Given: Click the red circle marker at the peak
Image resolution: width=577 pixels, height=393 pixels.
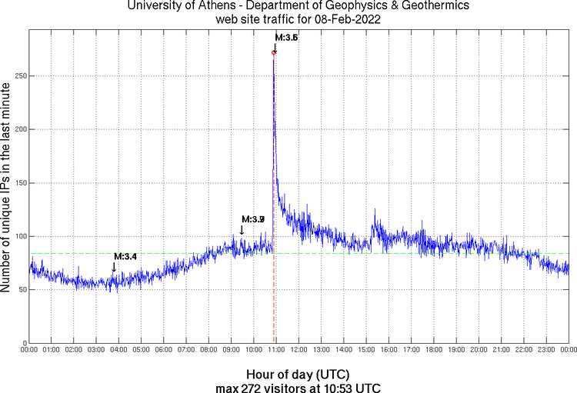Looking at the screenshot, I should [274, 52].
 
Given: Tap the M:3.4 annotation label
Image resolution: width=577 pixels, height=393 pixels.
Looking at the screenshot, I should [125, 256].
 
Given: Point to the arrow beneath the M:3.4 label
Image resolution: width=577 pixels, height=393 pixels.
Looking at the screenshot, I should [114, 267].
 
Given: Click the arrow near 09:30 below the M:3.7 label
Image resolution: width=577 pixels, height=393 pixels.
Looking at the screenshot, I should [242, 230].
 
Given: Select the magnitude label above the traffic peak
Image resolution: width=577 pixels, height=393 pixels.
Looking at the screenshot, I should [286, 38].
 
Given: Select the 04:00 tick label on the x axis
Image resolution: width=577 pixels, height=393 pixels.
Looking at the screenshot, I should [119, 351].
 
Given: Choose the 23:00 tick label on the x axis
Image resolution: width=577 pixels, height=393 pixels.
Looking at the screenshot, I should [546, 351].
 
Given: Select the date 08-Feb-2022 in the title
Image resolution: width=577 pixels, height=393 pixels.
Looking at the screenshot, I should [345, 19].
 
